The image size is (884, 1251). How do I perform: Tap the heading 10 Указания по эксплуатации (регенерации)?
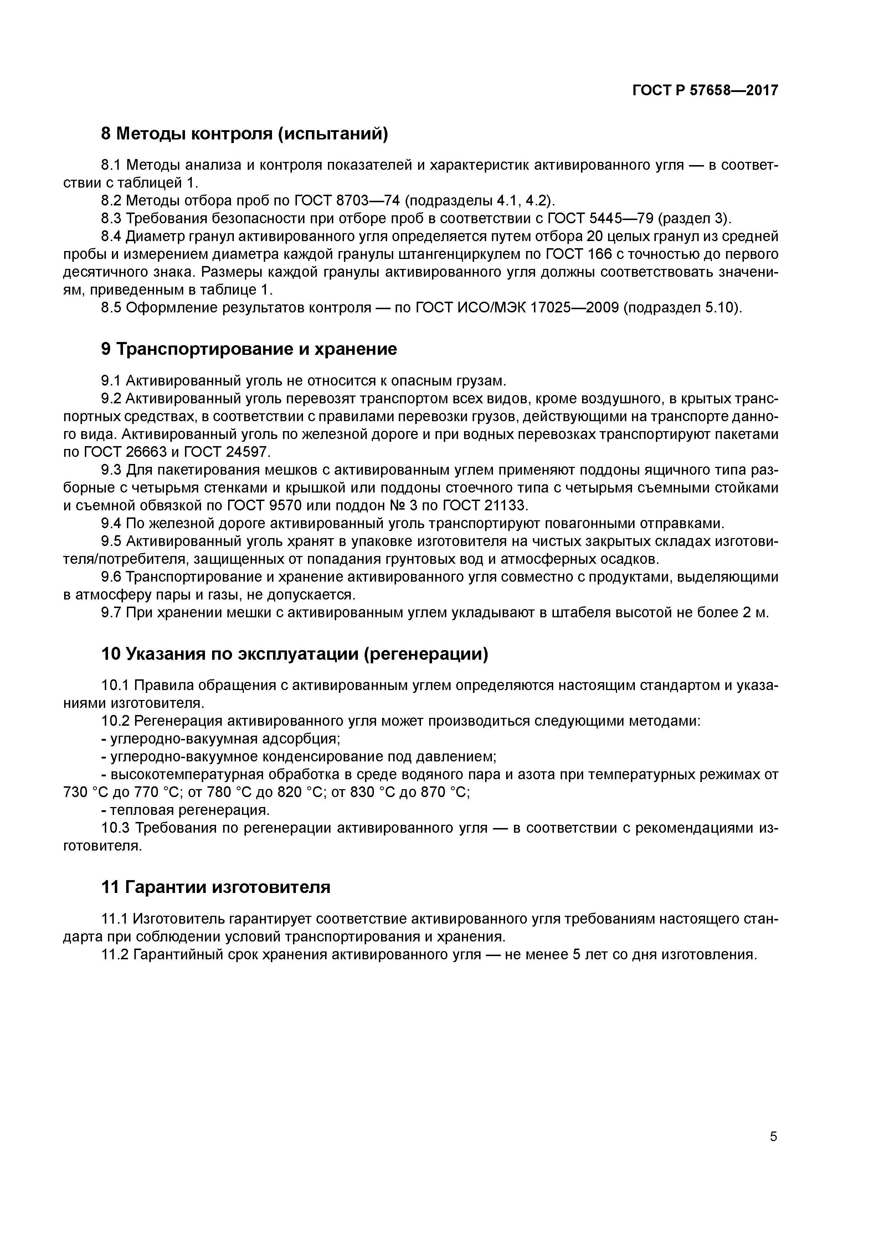[295, 654]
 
